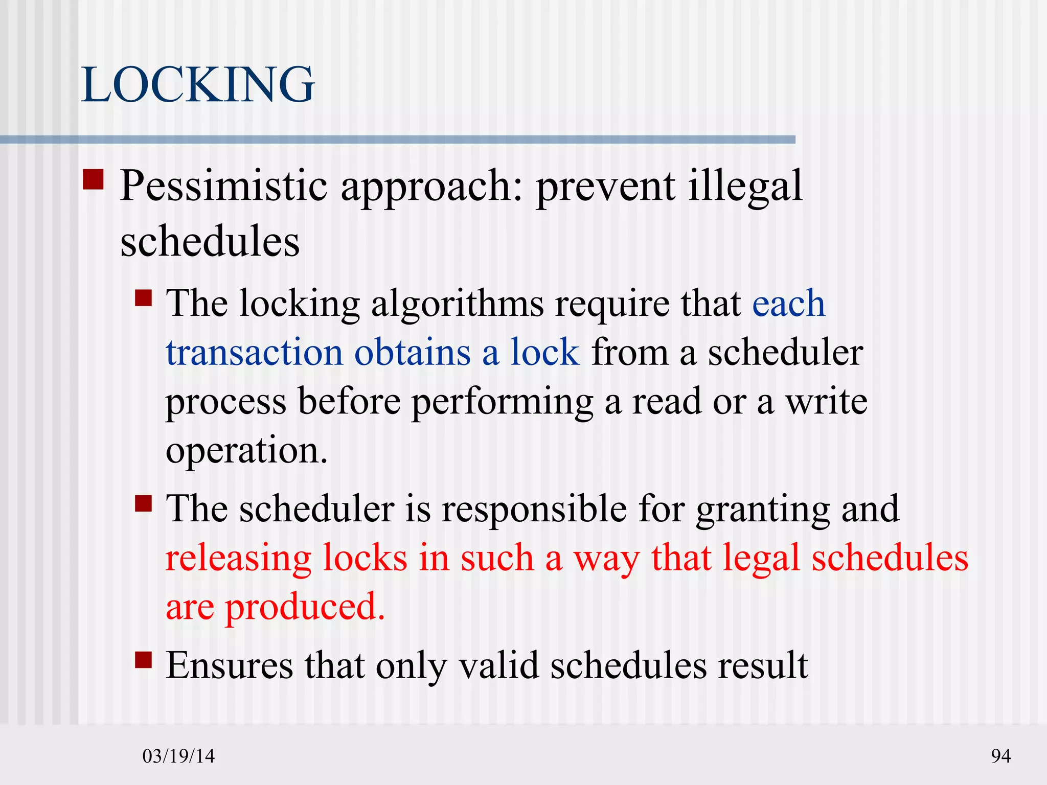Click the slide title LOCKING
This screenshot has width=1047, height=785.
[x=198, y=85]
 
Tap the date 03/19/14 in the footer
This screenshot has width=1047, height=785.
[x=178, y=756]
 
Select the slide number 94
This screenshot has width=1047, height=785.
[x=1000, y=756]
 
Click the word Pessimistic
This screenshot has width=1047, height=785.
[x=223, y=186]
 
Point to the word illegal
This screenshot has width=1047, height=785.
[x=745, y=187]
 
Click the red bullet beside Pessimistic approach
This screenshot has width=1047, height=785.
[x=93, y=180]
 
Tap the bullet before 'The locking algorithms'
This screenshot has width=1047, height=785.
[x=144, y=297]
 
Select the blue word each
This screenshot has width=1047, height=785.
[x=788, y=304]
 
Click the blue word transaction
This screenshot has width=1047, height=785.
[x=254, y=353]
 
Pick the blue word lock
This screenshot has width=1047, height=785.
[x=545, y=353]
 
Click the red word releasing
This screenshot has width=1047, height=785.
[x=238, y=558]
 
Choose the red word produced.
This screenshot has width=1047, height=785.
[x=305, y=607]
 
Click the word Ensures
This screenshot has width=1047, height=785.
[x=230, y=665]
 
